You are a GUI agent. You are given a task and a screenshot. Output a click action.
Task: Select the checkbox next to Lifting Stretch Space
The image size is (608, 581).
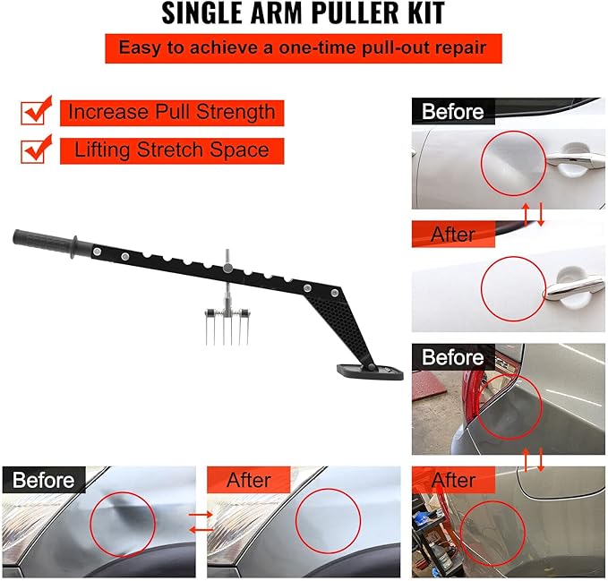(x=36, y=150)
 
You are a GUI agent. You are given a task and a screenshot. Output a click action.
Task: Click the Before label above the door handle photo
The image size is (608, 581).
(x=453, y=112)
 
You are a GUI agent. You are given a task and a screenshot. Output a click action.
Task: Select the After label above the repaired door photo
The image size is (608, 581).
(x=452, y=235)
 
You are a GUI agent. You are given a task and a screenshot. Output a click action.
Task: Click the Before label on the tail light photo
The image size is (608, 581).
(x=453, y=357)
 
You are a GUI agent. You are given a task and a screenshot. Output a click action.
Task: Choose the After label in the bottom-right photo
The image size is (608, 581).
(x=452, y=480)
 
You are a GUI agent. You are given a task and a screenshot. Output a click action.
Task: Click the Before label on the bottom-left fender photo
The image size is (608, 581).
(x=44, y=480)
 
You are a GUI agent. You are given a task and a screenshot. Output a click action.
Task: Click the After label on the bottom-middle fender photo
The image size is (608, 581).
(x=249, y=480)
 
